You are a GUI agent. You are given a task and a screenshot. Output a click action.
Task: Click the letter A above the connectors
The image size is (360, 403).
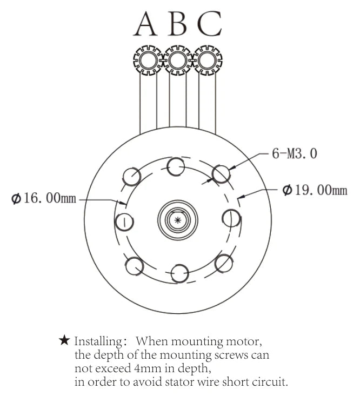146,24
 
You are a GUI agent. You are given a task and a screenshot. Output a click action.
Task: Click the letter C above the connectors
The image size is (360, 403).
209,24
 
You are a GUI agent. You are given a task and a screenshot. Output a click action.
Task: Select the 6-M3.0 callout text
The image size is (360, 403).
295,154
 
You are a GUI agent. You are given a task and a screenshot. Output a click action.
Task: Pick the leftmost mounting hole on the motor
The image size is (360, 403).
124,221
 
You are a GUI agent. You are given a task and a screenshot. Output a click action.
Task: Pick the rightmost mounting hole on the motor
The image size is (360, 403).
231,218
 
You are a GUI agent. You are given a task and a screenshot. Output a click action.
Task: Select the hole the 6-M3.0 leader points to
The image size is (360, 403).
221,173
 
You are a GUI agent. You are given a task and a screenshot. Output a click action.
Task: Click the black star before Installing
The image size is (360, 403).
64,341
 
